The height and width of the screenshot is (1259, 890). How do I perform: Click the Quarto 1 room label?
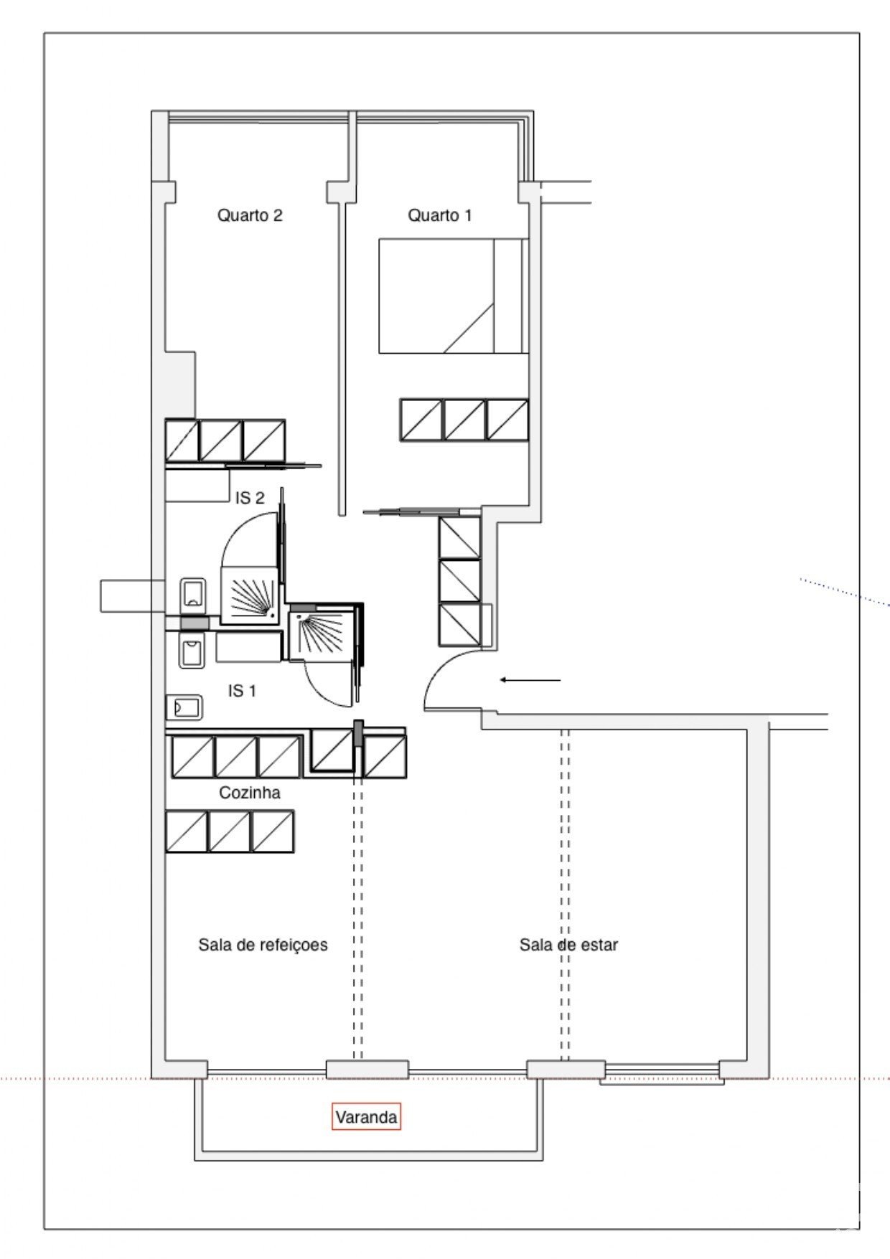pyautogui.click(x=439, y=215)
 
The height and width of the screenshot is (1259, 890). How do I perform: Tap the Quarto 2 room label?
pyautogui.click(x=250, y=215)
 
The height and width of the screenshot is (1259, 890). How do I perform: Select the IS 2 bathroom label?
pyautogui.click(x=250, y=498)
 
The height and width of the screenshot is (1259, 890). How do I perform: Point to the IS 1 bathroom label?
pyautogui.click(x=242, y=691)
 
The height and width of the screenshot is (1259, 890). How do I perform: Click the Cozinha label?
pyautogui.click(x=249, y=793)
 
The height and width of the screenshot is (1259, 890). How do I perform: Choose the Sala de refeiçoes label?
pyautogui.click(x=263, y=945)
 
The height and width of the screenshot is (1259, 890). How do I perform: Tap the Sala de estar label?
pyautogui.click(x=568, y=945)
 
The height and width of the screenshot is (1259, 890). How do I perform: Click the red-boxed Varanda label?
pyautogui.click(x=366, y=1117)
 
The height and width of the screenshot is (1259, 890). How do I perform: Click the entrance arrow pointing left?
pyautogui.click(x=530, y=679)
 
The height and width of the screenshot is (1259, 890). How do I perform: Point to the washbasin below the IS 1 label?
pyautogui.click(x=184, y=708)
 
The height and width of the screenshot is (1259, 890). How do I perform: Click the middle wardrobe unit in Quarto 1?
pyautogui.click(x=464, y=420)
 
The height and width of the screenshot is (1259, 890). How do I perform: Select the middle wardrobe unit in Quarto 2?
pyautogui.click(x=221, y=440)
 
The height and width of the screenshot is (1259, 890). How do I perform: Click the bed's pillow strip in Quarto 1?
pyautogui.click(x=511, y=296)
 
